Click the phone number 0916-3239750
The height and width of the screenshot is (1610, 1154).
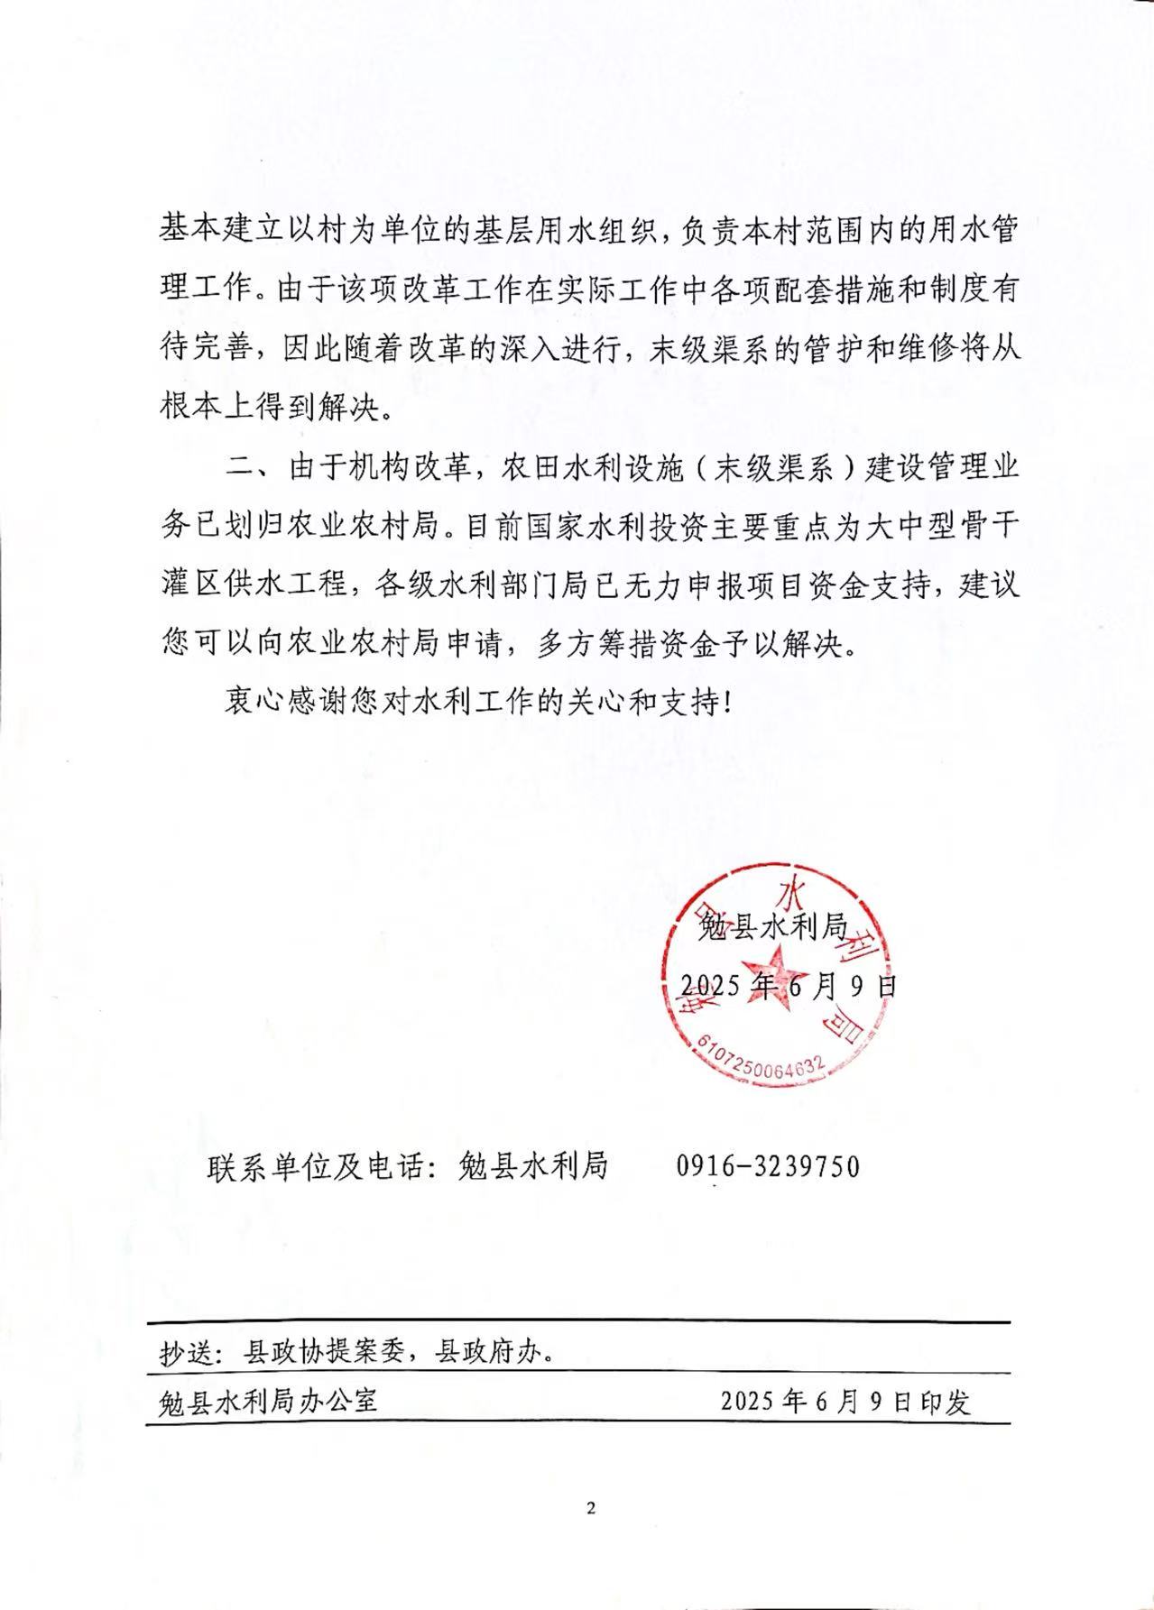pos(768,1166)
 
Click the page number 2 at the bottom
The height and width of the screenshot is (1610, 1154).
pos(591,1507)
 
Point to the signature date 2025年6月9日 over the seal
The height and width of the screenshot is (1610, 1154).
pos(788,985)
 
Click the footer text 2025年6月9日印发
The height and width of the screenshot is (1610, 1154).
pos(845,1401)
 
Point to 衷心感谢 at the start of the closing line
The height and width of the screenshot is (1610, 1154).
pos(288,703)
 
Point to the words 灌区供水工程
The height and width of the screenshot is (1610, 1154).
pos(254,585)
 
